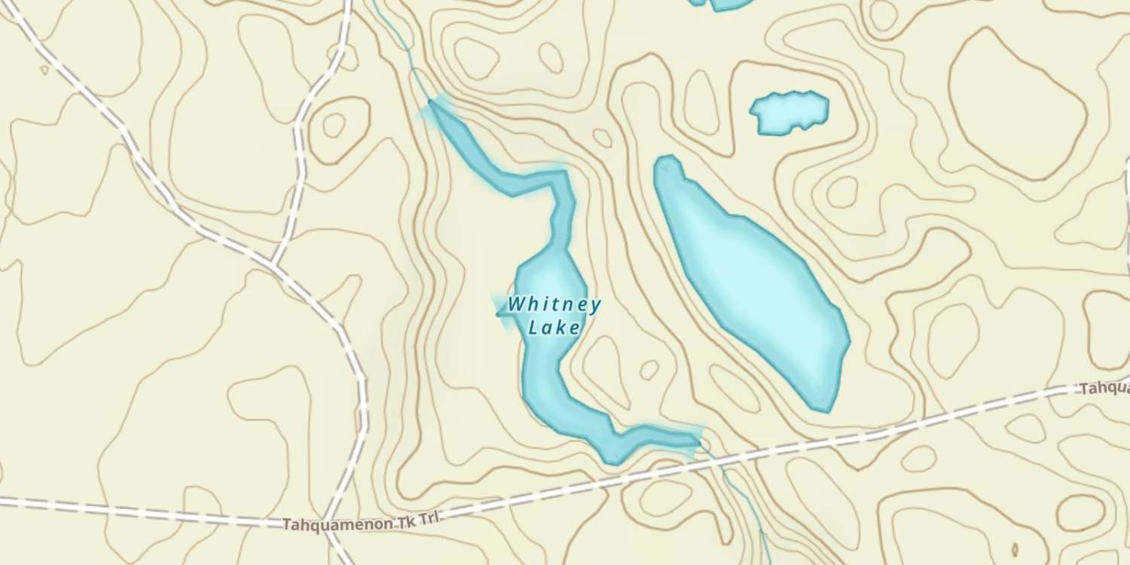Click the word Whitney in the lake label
click(x=554, y=305)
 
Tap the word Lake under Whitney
click(x=554, y=328)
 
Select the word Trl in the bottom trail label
click(x=429, y=518)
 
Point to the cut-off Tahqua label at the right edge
click(x=1104, y=389)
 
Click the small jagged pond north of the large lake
click(x=789, y=112)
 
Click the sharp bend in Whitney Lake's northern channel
click(x=561, y=177)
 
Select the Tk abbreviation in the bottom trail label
click(x=408, y=520)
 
